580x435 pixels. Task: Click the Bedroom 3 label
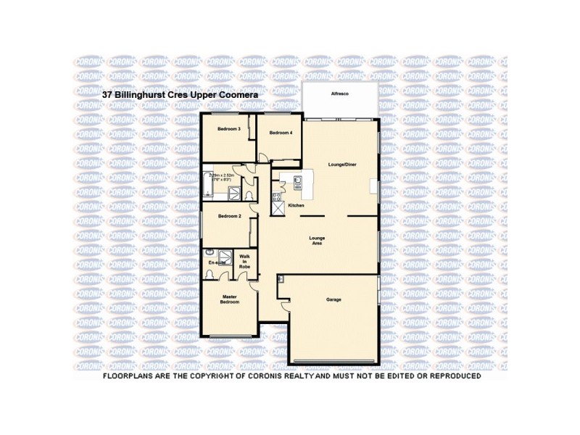pos(228,128)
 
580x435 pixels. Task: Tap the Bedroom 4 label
pos(280,133)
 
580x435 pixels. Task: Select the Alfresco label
pos(340,95)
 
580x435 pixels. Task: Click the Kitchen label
pos(296,206)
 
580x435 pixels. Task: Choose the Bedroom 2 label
pos(229,216)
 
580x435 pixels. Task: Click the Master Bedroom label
pos(229,300)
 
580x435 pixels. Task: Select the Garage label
pos(333,299)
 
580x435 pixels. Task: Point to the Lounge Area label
pos(317,241)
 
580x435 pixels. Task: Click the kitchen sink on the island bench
pos(297,181)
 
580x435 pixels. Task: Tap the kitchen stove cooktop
pos(277,196)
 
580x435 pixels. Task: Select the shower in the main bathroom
pos(235,192)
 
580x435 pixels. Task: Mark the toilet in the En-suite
pos(210,273)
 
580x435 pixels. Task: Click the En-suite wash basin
pos(210,252)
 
